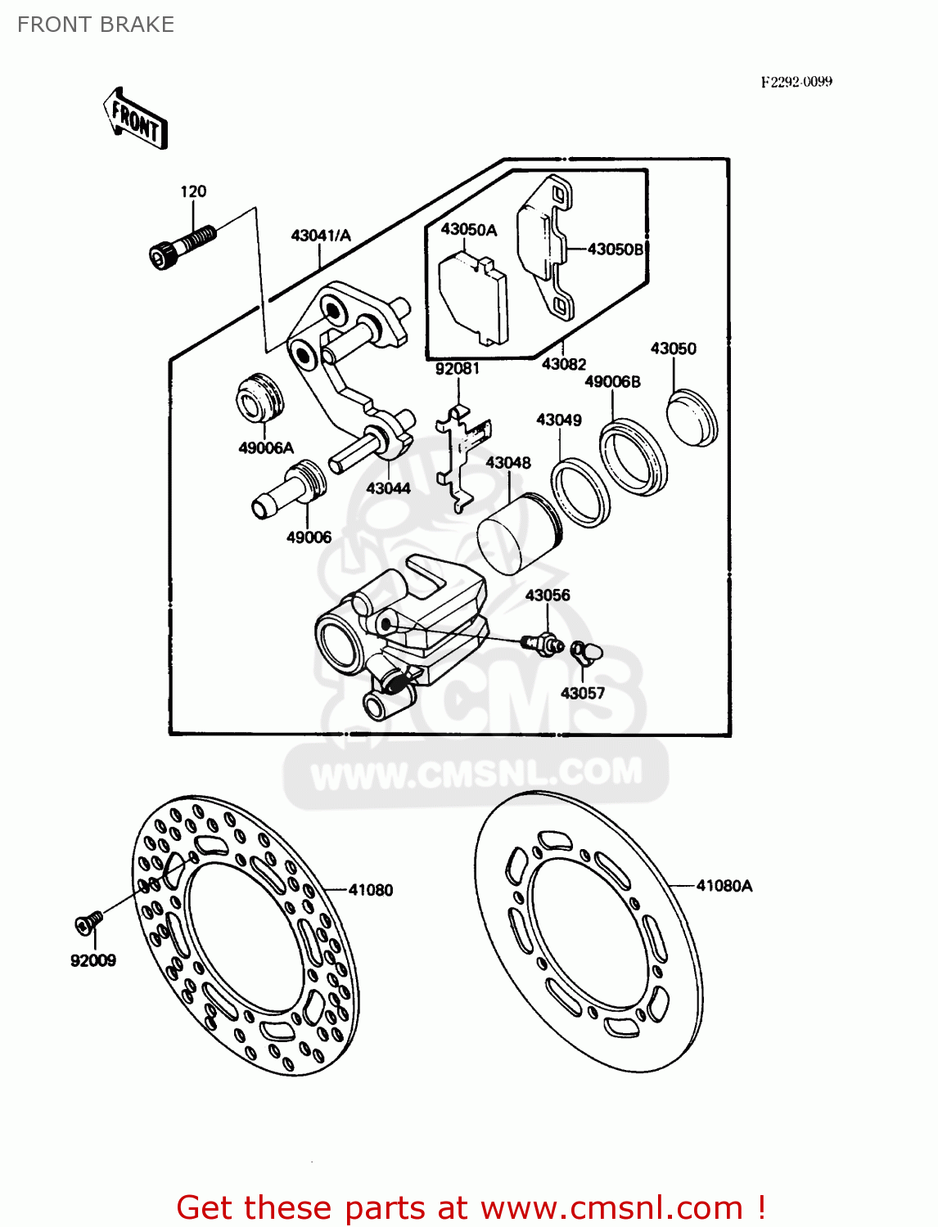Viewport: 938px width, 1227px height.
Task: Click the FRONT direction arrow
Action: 136,119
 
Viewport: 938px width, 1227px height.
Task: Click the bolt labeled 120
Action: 182,245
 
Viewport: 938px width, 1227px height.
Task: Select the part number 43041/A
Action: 321,236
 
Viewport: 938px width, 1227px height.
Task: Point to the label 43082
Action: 564,364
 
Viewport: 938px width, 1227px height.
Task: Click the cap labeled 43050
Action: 692,418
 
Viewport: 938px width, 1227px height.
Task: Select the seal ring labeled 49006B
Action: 634,457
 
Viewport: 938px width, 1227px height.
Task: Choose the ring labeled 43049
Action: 580,492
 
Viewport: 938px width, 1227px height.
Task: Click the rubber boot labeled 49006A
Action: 259,398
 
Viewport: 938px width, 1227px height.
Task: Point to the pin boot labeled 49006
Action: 290,490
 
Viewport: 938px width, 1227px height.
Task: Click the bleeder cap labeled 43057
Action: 587,651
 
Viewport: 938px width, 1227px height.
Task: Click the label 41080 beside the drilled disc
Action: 371,890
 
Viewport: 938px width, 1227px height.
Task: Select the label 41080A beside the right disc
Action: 724,886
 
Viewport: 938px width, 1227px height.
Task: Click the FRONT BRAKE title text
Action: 96,25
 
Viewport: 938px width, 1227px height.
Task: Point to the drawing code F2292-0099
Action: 796,82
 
